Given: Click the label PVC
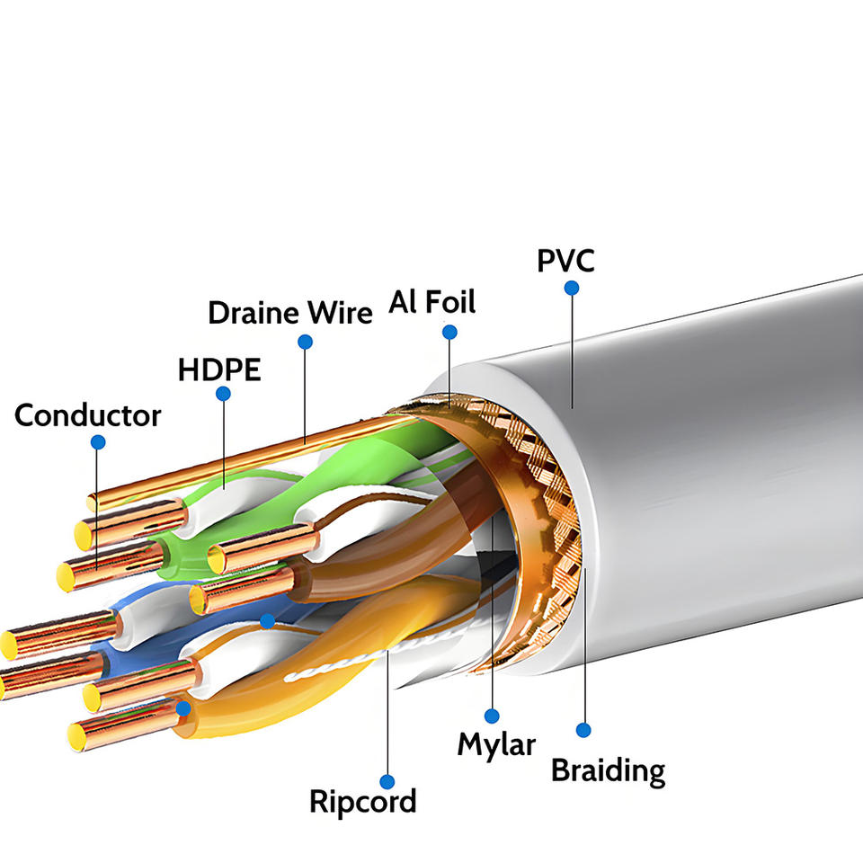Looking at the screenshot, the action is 565,261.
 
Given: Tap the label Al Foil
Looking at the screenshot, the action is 432,302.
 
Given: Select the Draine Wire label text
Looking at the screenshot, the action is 290,313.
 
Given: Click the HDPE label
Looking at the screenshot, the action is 219,369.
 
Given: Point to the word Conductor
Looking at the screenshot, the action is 87,415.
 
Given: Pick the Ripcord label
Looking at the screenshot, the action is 362,801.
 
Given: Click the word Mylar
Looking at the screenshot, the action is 496,745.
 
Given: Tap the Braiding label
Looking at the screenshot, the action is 609,770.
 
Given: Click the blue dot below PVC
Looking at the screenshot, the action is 572,288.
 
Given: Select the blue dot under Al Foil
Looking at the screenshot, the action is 449,332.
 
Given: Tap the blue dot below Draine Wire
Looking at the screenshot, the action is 306,342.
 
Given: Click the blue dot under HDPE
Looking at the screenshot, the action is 223,394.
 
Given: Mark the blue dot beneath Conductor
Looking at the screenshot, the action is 98,442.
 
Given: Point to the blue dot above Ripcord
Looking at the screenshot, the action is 387,781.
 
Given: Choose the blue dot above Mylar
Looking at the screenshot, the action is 492,716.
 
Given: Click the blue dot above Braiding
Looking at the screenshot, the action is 583,730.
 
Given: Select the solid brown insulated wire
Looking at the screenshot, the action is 386,556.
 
